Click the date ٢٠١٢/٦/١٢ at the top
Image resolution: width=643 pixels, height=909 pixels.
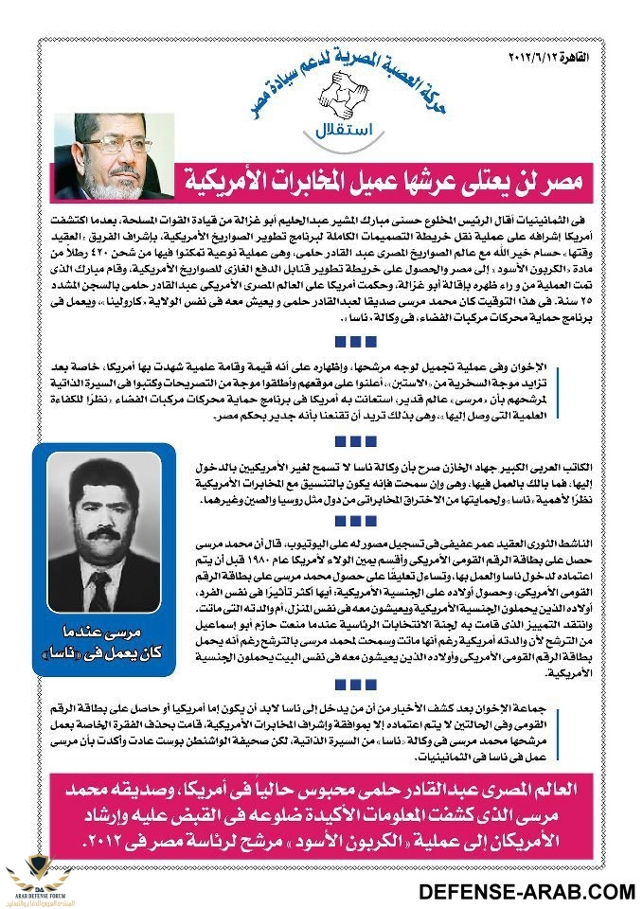[x=547, y=60]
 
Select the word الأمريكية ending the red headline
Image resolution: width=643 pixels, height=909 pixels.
[x=240, y=177]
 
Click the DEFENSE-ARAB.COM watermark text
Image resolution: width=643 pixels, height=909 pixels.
[x=527, y=890]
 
